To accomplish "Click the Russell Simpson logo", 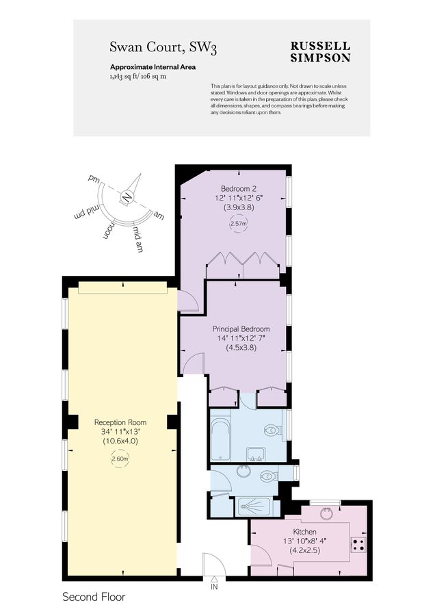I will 320,51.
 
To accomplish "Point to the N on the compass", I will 126,197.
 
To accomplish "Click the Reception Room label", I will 120,422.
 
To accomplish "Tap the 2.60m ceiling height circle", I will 120,459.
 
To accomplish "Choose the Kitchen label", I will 306,531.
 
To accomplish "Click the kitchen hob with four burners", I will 358,545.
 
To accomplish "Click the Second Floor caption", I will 94,597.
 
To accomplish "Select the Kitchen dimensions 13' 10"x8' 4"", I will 306,540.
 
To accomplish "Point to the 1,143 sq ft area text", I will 123,77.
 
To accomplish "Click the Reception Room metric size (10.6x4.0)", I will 120,441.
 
